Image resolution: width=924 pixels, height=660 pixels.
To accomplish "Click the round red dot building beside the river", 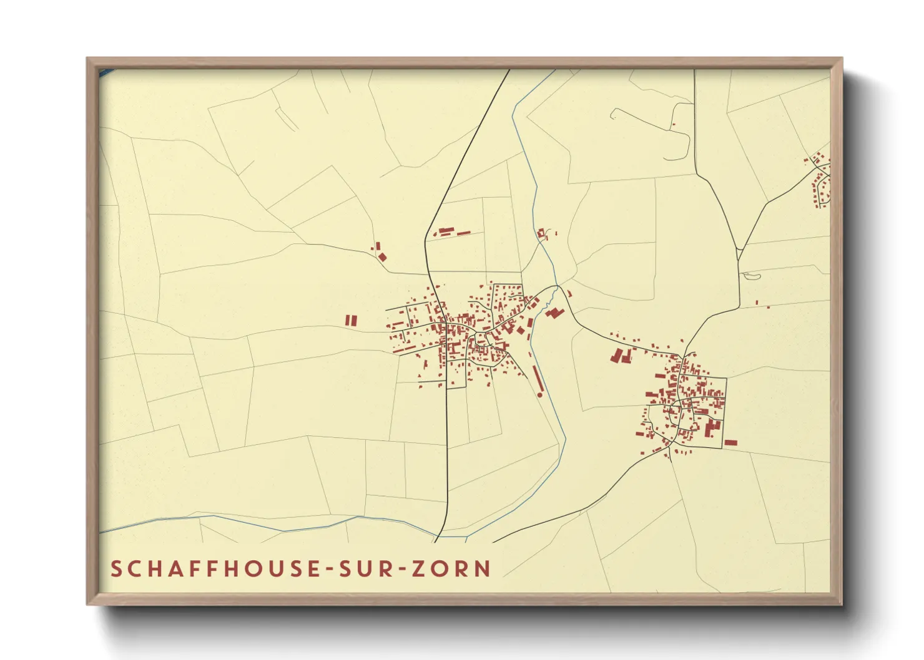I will (540, 395).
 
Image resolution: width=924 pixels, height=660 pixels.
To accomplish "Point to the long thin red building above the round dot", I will (537, 378).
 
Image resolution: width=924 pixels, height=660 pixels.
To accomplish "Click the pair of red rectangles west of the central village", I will (351, 320).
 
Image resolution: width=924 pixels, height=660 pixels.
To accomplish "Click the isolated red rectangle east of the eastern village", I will (730, 442).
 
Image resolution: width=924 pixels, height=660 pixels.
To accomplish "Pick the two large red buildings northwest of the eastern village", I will (619, 356).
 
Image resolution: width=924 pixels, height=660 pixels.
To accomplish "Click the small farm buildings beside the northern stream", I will (543, 234).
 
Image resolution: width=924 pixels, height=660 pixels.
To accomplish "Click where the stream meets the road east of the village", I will (558, 287).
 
